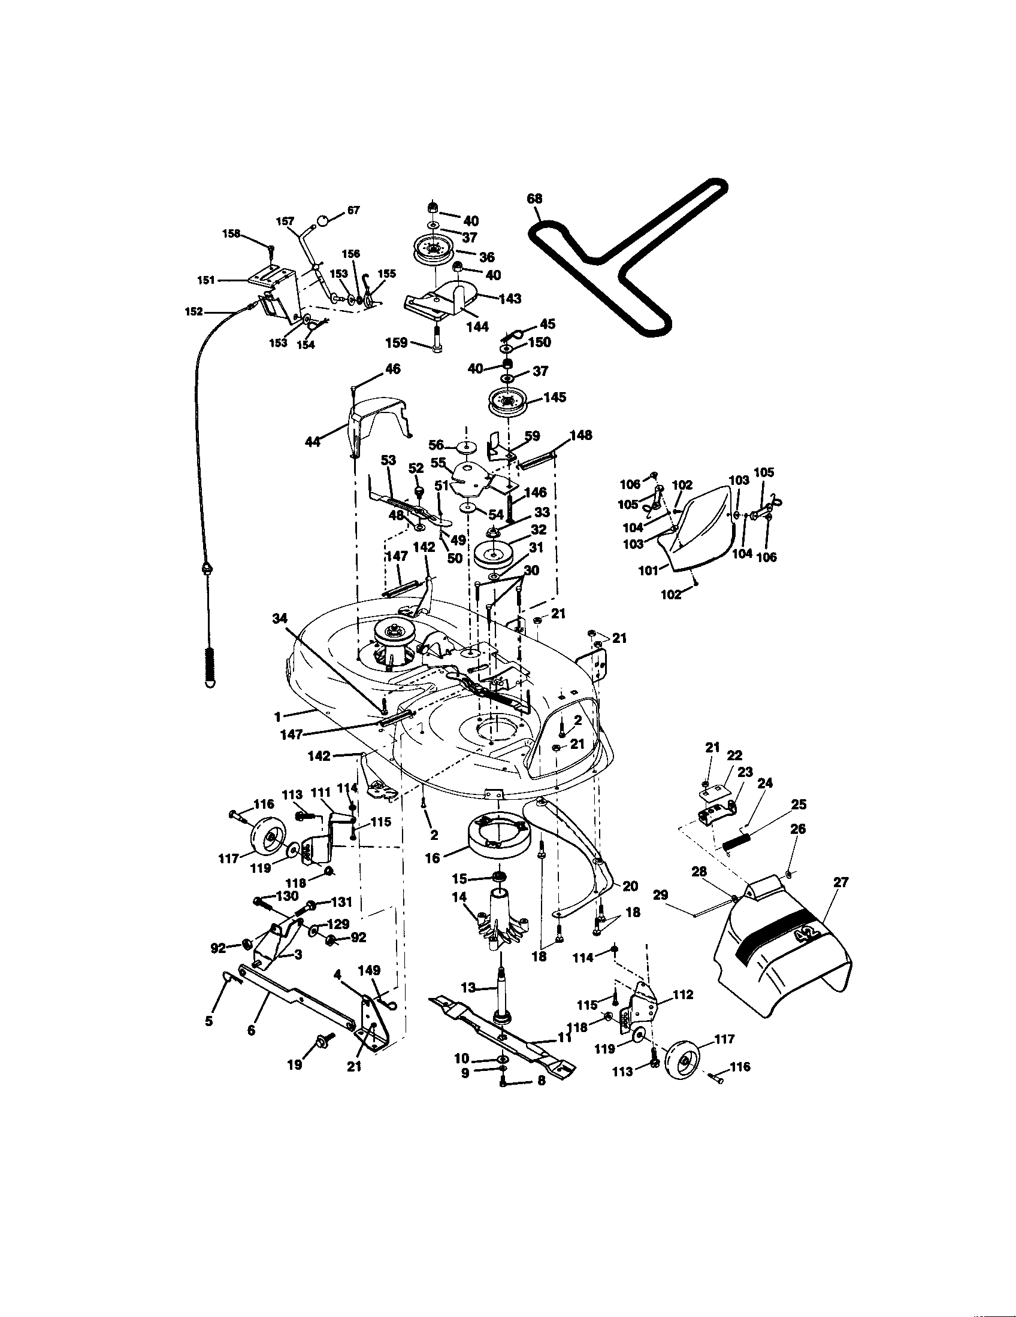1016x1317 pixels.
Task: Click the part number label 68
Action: [x=534, y=199]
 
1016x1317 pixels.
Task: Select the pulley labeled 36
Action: [x=433, y=250]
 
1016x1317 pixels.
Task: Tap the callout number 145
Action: [x=555, y=398]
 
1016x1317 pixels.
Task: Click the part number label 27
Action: [x=840, y=883]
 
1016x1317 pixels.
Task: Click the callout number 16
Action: [x=433, y=857]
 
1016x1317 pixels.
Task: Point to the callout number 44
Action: [x=313, y=442]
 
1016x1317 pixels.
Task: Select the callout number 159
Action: [x=397, y=343]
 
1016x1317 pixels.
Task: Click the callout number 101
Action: [x=649, y=570]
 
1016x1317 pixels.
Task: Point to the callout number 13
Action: [x=468, y=988]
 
